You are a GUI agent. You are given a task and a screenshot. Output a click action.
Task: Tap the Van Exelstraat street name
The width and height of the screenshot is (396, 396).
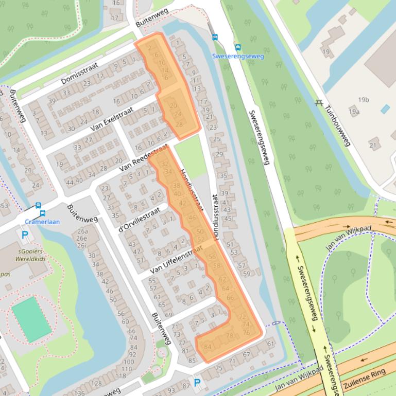click(x=112, y=119)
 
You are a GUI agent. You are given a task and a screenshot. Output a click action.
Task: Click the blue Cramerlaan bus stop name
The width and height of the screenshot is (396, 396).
click(x=42, y=222)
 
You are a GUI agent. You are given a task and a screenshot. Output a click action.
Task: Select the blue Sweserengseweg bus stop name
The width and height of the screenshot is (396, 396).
click(x=237, y=56)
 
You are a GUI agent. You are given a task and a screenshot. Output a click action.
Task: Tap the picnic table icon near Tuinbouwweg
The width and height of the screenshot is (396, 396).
click(x=319, y=102)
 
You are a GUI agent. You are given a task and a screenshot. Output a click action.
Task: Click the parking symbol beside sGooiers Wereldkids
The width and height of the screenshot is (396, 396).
click(x=25, y=235)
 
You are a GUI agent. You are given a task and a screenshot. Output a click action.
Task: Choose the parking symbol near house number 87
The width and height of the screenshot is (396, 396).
click(x=197, y=383)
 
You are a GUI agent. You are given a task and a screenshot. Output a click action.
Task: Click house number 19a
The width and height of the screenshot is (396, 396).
click(x=354, y=111)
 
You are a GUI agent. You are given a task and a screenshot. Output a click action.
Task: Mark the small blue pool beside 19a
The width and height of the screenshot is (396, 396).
click(x=385, y=109)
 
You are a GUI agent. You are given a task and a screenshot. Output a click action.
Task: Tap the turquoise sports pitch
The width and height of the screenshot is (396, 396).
click(x=32, y=319)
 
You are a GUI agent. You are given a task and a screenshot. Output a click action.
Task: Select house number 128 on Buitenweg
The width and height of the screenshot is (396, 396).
click(x=96, y=384)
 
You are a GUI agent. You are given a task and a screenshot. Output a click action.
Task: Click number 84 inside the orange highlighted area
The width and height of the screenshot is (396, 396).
click(x=208, y=347)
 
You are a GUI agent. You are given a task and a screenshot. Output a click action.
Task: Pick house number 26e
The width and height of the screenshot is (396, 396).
click(x=81, y=238)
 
